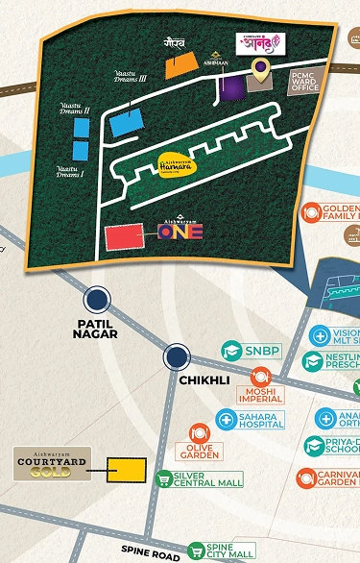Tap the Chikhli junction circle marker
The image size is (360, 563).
click(x=176, y=358)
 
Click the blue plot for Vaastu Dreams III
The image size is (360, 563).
click(x=123, y=122)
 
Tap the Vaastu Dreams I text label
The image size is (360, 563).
click(x=69, y=173)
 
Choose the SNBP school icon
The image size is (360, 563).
click(x=230, y=351)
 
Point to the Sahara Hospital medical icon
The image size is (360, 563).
click(x=225, y=419)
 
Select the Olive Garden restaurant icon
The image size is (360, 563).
click(x=200, y=433)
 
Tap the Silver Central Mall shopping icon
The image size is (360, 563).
click(x=164, y=477)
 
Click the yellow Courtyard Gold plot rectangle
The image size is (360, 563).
click(x=125, y=470)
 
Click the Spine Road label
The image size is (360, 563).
click(x=150, y=554)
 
